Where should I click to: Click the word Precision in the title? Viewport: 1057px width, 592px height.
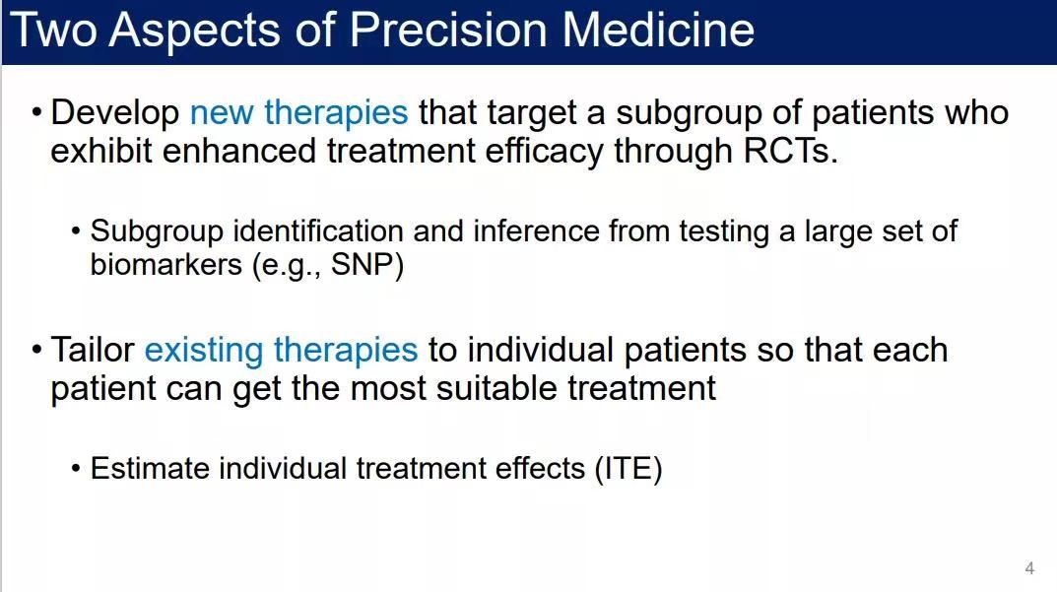[449, 31]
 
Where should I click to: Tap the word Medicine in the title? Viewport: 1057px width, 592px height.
[658, 31]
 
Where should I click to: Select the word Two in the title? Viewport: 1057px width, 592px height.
[54, 31]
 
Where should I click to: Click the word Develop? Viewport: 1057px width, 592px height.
[114, 113]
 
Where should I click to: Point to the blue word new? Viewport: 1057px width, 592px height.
[222, 113]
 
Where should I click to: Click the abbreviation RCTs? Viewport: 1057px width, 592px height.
[790, 151]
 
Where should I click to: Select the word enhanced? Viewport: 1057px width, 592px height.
[239, 151]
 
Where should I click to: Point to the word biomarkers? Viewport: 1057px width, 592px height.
[165, 264]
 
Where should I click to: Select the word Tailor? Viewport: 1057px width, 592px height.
[93, 350]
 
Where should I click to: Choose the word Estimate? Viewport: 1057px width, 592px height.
[150, 469]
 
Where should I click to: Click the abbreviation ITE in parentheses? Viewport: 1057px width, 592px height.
[628, 469]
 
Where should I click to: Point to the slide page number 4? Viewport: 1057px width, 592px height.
[1029, 567]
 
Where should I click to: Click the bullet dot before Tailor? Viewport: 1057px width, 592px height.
[37, 351]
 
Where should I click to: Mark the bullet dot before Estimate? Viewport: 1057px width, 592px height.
[76, 469]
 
